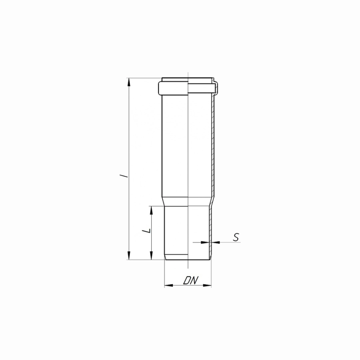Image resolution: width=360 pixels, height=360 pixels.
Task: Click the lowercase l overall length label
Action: tap(125, 176)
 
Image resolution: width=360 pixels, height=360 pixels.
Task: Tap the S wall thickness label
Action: tap(236, 237)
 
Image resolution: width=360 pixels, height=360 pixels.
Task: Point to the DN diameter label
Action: tap(190, 280)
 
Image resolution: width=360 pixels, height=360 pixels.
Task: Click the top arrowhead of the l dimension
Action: tap(129, 82)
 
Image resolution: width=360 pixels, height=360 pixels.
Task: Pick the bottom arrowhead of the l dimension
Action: tap(129, 255)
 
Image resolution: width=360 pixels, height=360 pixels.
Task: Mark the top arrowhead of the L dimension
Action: tap(151, 210)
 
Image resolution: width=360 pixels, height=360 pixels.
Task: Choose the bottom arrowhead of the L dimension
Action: tap(151, 255)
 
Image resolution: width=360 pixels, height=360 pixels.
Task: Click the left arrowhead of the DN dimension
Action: tap(169, 285)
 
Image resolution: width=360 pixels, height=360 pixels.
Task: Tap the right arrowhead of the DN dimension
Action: tap(207, 285)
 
